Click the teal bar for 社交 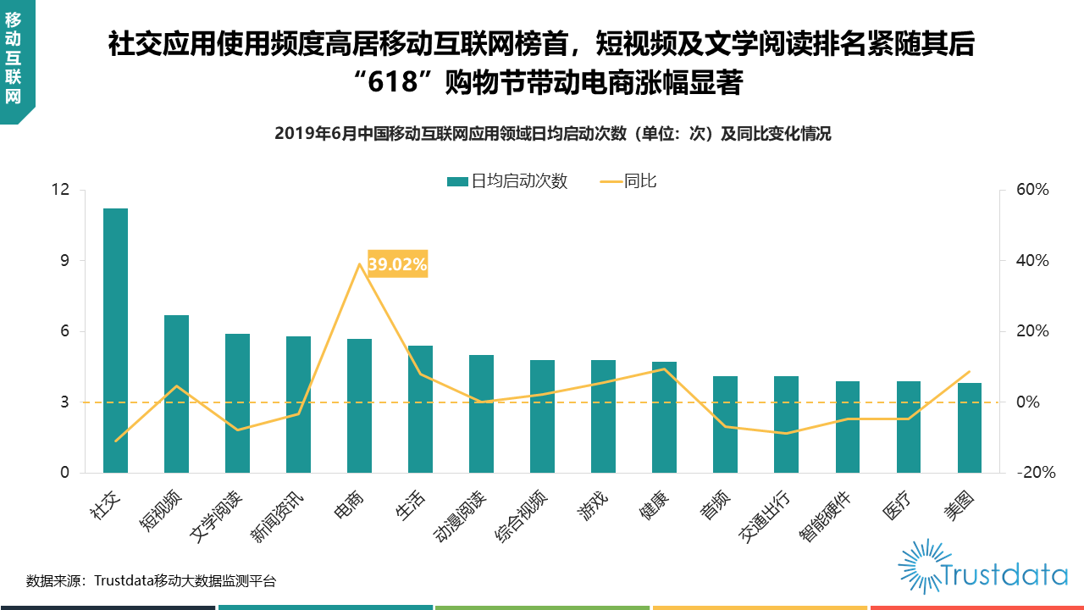point(115,340)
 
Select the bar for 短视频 point(176,394)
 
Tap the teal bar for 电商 point(359,406)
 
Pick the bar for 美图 point(970,428)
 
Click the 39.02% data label point(397,264)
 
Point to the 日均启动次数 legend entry point(507,180)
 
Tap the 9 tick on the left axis point(64,261)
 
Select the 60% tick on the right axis point(1033,190)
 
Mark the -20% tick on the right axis point(1036,473)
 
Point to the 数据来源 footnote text point(151,581)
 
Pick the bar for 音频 point(725,424)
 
